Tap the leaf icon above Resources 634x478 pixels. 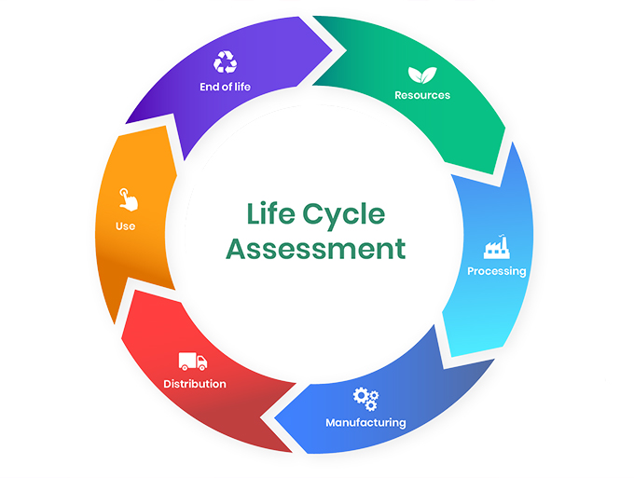(421, 75)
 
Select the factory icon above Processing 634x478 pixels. (496, 248)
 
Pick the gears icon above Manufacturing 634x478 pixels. (365, 398)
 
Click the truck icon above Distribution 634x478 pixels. (192, 361)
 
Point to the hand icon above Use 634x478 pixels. (126, 198)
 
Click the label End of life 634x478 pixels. (225, 87)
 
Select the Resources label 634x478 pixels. (421, 95)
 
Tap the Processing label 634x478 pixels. (496, 271)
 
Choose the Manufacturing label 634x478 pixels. (365, 422)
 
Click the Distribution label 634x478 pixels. (195, 383)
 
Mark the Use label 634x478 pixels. (126, 225)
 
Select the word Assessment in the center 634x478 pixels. (317, 250)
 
